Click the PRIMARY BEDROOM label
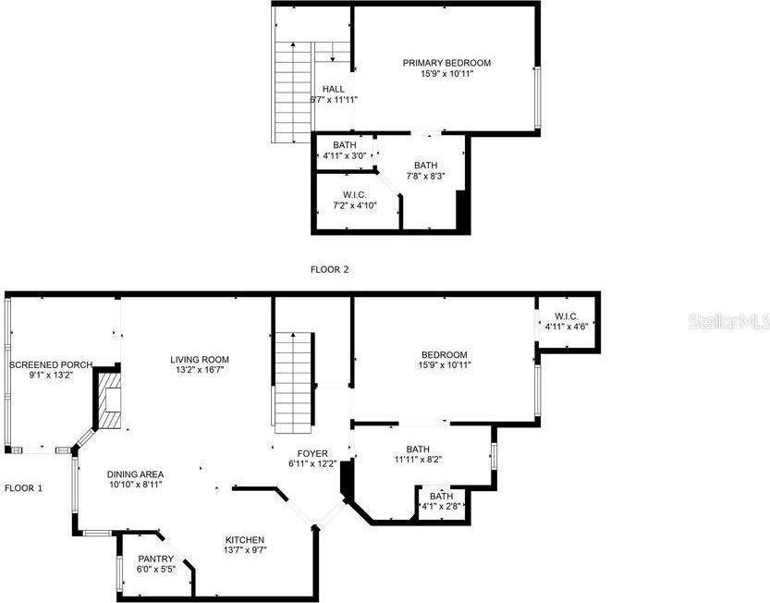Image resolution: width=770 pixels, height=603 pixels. (x=446, y=63)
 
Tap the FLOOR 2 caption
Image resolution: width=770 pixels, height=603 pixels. (x=329, y=269)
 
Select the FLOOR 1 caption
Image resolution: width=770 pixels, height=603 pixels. (x=23, y=488)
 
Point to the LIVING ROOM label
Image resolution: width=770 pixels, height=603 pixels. (x=200, y=359)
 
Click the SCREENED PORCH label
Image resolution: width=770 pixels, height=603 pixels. (x=51, y=364)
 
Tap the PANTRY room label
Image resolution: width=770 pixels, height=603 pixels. (x=155, y=559)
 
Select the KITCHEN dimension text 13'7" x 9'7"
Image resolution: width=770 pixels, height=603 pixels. (x=245, y=550)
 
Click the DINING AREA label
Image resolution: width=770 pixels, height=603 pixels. (x=135, y=474)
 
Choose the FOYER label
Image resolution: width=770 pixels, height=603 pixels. (x=312, y=453)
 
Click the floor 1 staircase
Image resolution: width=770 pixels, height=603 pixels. (x=294, y=383)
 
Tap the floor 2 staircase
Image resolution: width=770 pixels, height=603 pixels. (x=293, y=92)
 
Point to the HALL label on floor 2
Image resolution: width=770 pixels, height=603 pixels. (x=334, y=89)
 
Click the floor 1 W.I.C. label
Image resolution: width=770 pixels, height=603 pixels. (x=567, y=316)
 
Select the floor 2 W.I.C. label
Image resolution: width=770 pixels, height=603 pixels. (x=355, y=195)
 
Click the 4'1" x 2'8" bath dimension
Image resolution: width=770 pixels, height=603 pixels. (x=441, y=506)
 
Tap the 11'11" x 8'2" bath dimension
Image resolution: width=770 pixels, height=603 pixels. (x=418, y=460)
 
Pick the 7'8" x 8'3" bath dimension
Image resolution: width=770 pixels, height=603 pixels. (x=425, y=176)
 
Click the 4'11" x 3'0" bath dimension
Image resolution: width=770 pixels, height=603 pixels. (x=344, y=155)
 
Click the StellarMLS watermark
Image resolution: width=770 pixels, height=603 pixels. (x=728, y=322)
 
